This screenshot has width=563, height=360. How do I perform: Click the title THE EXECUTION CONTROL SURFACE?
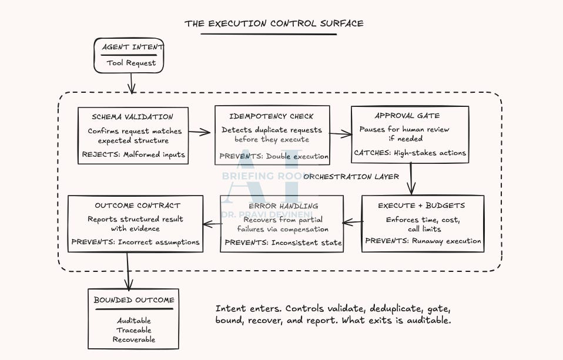(x=274, y=23)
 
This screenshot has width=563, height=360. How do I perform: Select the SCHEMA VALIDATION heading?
(x=133, y=117)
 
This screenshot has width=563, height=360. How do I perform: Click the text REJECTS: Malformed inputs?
(x=133, y=154)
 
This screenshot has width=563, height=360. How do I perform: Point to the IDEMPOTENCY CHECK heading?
(x=272, y=116)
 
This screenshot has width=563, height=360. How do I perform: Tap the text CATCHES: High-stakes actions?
(x=410, y=153)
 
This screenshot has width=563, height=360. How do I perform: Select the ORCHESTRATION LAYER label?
(x=351, y=176)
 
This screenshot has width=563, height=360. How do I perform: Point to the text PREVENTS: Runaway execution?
(x=423, y=240)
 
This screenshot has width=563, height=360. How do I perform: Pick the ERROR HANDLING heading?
(x=283, y=206)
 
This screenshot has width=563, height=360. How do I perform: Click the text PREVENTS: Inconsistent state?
(x=283, y=242)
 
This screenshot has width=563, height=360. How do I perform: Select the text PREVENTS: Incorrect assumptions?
(x=135, y=241)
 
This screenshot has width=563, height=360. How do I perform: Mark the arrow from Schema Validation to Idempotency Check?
(x=200, y=132)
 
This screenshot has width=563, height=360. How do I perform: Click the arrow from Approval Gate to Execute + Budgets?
(x=411, y=179)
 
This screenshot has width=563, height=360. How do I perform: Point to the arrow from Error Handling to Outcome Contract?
(x=212, y=223)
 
